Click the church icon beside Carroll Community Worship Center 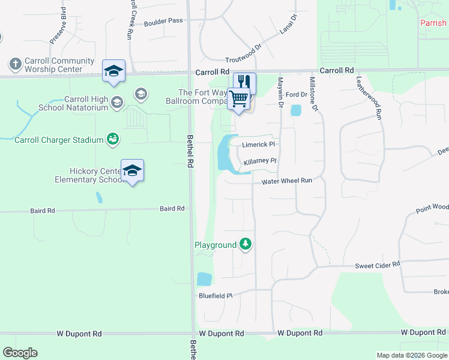[15, 64]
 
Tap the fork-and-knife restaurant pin [245, 82]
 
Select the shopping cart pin [239, 98]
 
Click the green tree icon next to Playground [245, 244]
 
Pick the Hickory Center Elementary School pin [132, 170]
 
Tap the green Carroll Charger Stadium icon [112, 139]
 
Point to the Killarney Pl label [259, 161]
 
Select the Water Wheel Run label [287, 181]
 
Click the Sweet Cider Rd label [378, 266]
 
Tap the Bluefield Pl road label [215, 296]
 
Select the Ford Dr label [296, 95]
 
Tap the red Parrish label [433, 23]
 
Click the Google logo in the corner [20, 352]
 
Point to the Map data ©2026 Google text [412, 355]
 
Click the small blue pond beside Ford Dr [295, 110]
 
